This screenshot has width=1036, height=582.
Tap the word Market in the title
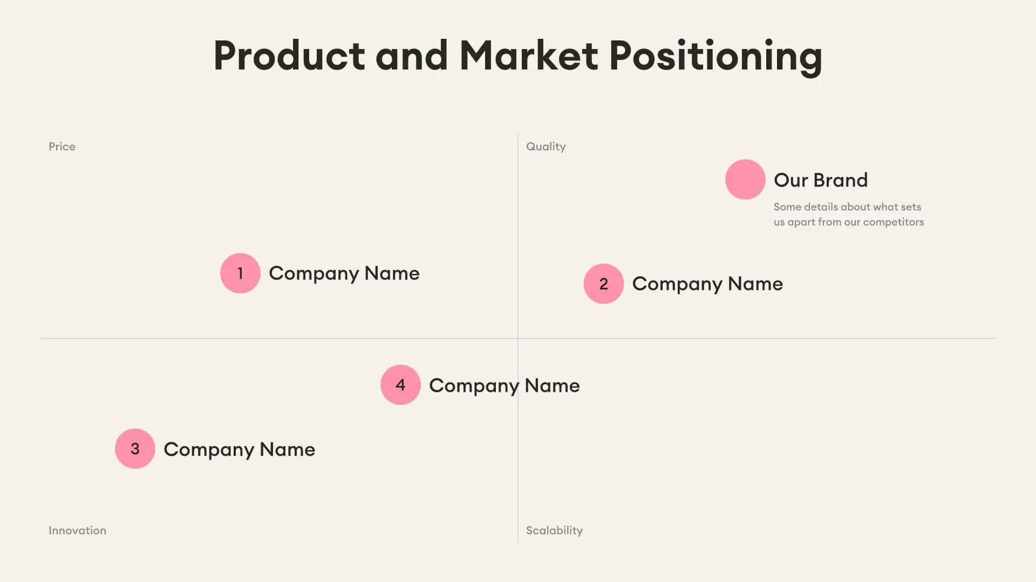click(x=529, y=56)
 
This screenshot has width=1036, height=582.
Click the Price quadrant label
click(x=62, y=147)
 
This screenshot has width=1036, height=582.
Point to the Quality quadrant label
click(x=546, y=147)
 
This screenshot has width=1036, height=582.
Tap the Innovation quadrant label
click(x=77, y=530)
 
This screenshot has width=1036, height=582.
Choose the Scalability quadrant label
click(x=554, y=530)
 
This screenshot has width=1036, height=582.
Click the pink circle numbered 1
click(x=240, y=273)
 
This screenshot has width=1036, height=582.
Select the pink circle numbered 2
click(x=603, y=283)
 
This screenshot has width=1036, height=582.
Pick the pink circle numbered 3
click(x=135, y=448)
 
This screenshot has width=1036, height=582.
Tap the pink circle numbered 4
click(x=400, y=385)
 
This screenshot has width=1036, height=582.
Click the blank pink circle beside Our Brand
click(x=745, y=179)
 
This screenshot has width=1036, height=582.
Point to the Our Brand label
click(x=821, y=180)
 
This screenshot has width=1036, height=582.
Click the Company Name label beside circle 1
click(x=344, y=273)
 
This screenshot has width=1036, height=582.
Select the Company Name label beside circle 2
click(x=707, y=284)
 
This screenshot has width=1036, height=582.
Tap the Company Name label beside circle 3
click(x=239, y=449)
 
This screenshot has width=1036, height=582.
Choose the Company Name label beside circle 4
click(x=504, y=386)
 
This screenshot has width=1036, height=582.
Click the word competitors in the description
click(x=893, y=222)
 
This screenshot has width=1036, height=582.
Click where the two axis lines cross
click(x=518, y=338)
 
